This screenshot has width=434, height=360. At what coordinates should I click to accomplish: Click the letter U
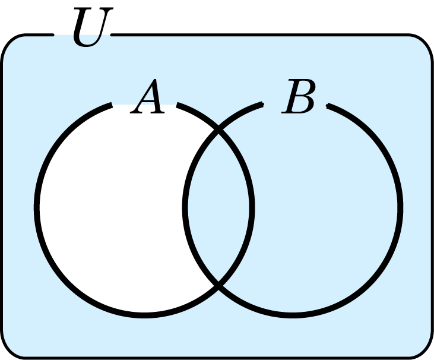pyautogui.click(x=93, y=27)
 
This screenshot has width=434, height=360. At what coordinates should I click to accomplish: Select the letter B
pyautogui.click(x=299, y=96)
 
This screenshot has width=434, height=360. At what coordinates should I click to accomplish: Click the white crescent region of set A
pyautogui.click(x=110, y=208)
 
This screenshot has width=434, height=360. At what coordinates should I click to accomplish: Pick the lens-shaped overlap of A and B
pyautogui.click(x=218, y=208)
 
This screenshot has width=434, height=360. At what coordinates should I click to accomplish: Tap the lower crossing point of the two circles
pyautogui.click(x=218, y=285)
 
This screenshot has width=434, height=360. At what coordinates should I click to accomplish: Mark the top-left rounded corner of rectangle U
pyautogui.click(x=9, y=42)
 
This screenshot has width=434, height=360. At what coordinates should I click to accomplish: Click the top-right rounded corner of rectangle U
pyautogui.click(x=425, y=42)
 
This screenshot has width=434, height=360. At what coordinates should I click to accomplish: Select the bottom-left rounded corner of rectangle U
pyautogui.click(x=9, y=351)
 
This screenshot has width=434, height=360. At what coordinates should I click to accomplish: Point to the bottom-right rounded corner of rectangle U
pyautogui.click(x=425, y=351)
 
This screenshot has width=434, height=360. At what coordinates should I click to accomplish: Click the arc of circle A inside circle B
pyautogui.click(x=252, y=208)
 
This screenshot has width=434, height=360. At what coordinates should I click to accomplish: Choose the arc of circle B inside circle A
pyautogui.click(x=185, y=208)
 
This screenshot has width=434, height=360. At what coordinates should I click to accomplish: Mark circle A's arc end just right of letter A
pyautogui.click(x=178, y=105)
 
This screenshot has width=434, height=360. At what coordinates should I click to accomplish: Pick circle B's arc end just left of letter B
pyautogui.click(x=262, y=105)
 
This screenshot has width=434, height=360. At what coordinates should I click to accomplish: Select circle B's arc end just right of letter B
pyautogui.click(x=328, y=106)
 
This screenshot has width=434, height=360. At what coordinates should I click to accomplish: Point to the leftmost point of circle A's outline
pyautogui.click(x=37, y=208)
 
